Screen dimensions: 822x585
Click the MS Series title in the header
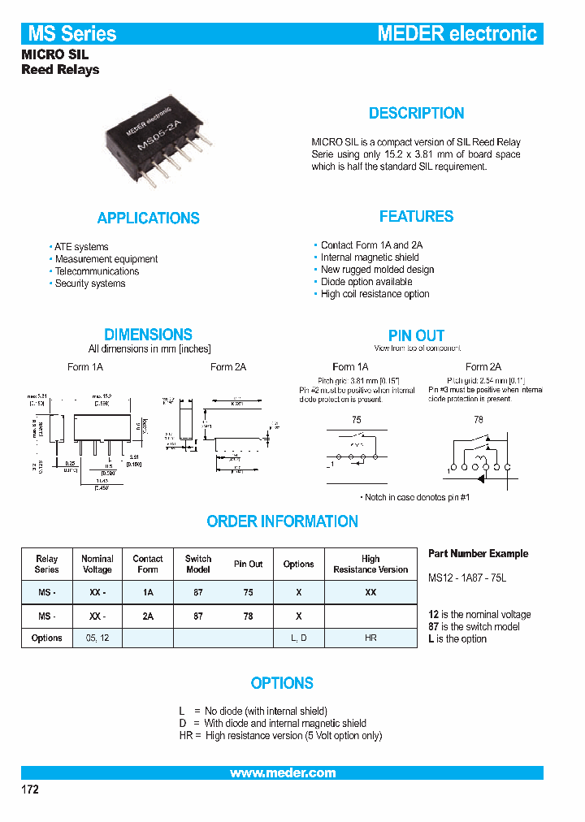click(72, 34)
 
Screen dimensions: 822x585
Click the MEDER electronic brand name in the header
click(457, 34)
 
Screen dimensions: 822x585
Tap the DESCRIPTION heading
click(416, 114)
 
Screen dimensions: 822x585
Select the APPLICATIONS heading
click(148, 218)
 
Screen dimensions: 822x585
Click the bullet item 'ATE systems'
click(80, 247)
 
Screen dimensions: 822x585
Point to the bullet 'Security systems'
click(89, 283)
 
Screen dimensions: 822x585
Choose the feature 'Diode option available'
click(366, 282)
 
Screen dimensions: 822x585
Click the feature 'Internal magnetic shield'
click(370, 257)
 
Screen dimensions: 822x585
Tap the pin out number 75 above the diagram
click(357, 420)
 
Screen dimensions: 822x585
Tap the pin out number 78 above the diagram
click(478, 420)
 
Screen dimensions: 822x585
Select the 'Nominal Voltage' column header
click(97, 564)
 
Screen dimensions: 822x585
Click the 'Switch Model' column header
click(198, 564)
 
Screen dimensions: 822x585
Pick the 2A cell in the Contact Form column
click(148, 616)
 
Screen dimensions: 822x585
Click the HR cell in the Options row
click(370, 638)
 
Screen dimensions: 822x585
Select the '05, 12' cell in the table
click(97, 638)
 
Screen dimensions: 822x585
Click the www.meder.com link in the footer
click(282, 773)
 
